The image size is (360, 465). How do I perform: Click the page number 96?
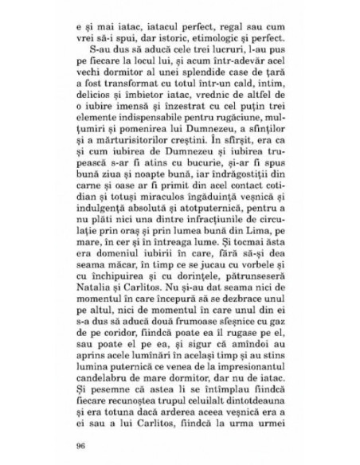[78, 445]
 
